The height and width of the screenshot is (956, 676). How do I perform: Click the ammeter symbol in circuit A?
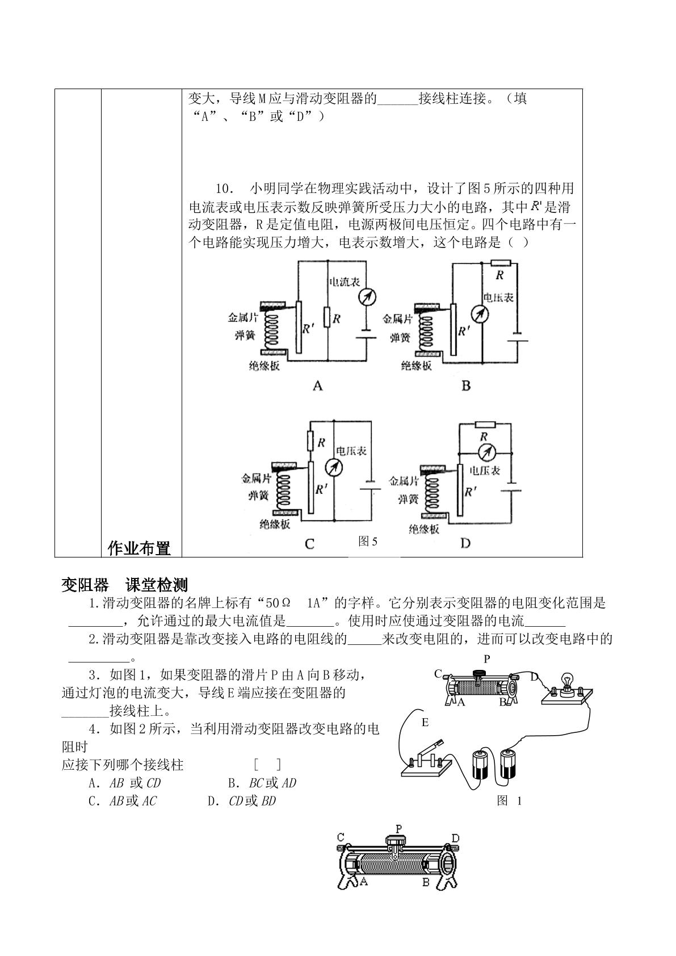click(367, 297)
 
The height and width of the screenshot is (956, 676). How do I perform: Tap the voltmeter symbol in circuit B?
click(480, 315)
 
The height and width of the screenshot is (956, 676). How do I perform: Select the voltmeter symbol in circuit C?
click(334, 468)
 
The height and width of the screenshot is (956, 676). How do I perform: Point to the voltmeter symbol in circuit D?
click(486, 452)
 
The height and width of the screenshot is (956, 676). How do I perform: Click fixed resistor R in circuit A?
click(327, 317)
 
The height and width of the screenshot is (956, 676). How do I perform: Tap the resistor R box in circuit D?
click(485, 424)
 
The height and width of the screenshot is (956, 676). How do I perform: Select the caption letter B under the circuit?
click(466, 386)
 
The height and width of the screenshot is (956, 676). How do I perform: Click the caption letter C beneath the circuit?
click(309, 544)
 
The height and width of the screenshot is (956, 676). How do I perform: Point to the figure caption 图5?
click(368, 541)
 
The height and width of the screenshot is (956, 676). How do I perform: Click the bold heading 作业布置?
click(139, 548)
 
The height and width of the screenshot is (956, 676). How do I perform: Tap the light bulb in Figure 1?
click(567, 682)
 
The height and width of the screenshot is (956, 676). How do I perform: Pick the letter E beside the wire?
click(425, 723)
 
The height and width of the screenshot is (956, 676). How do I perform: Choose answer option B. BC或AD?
click(262, 783)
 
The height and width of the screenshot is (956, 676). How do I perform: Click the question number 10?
click(224, 188)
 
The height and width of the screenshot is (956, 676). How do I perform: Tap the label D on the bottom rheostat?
click(455, 838)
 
